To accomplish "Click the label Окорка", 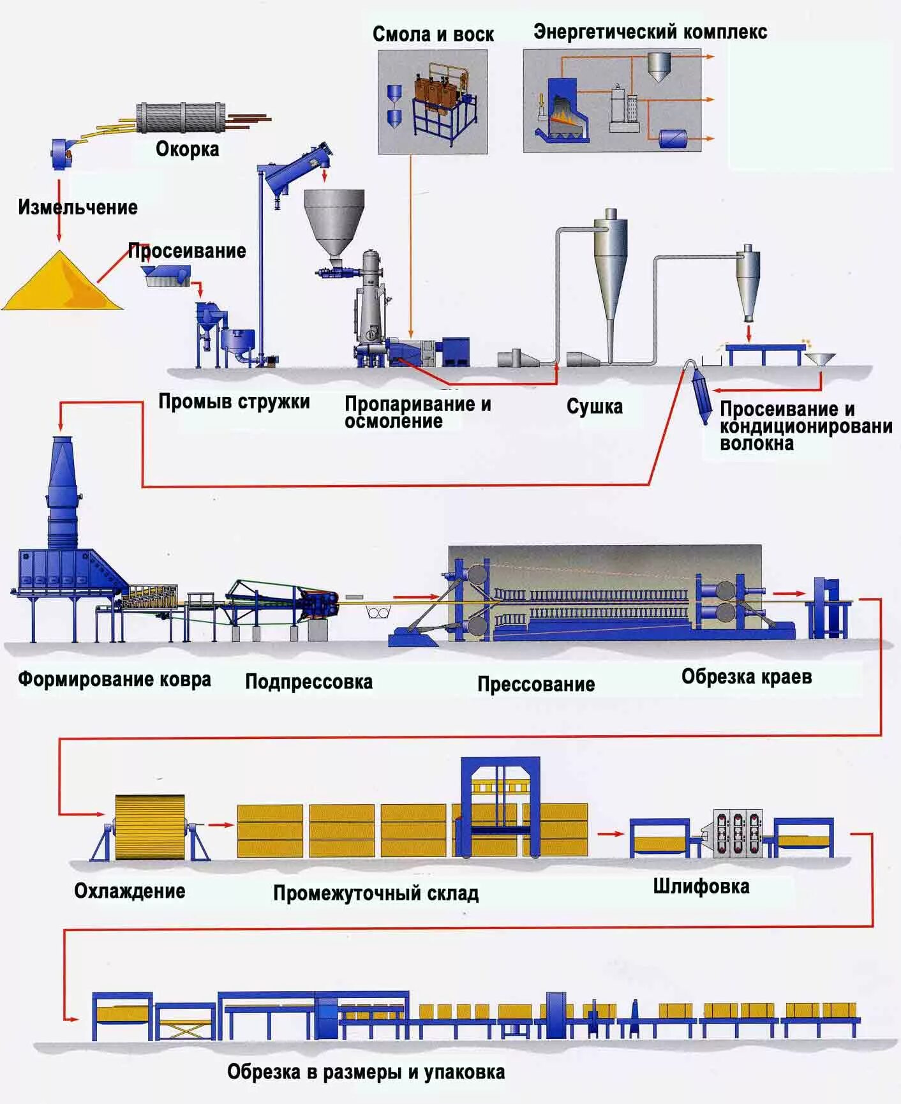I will click(x=187, y=149).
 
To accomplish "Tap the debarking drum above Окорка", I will click(x=181, y=117).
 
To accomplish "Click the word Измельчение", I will click(x=77, y=207).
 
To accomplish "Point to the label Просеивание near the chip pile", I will click(x=187, y=251).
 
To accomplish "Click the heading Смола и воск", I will click(x=433, y=34).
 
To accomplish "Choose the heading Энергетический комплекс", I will click(x=650, y=32).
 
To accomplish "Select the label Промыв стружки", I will click(x=234, y=402).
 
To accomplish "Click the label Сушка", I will click(x=594, y=407).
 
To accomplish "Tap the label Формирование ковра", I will click(x=114, y=679).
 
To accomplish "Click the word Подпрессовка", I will click(x=309, y=682).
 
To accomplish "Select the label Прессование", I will click(x=535, y=684).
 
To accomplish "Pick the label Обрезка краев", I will click(x=746, y=676).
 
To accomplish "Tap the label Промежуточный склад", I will click(x=375, y=893).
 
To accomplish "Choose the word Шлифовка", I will click(x=701, y=886).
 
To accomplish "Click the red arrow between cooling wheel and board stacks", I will click(x=221, y=825).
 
